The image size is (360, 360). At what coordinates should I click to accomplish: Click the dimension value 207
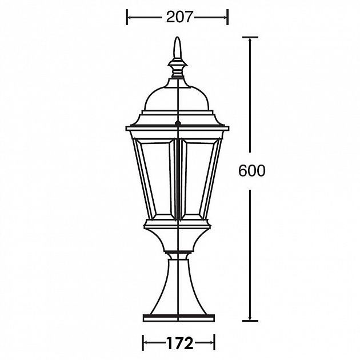[x=178, y=18]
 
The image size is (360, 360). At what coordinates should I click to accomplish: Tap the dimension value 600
[x=251, y=171]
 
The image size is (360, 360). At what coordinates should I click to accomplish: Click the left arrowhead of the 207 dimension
[x=130, y=18]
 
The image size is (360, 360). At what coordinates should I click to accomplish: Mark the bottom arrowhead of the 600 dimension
[x=250, y=315]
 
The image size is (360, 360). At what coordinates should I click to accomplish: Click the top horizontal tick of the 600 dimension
[x=250, y=37]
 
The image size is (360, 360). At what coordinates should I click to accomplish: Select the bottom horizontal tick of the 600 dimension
[x=250, y=319]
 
